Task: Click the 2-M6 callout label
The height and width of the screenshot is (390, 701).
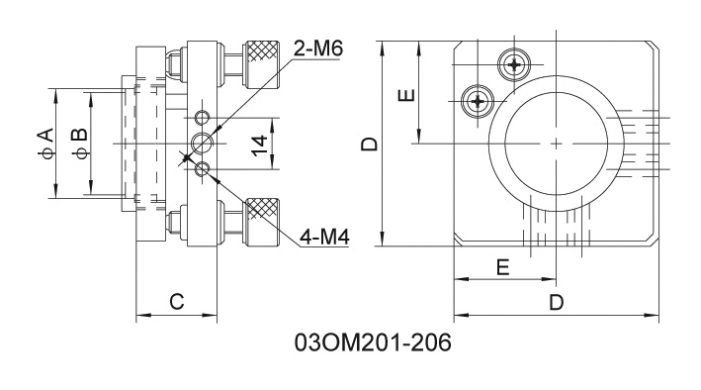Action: (x=317, y=49)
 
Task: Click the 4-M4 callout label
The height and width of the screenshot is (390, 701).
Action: (x=324, y=238)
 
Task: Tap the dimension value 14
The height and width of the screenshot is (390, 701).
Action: (x=259, y=146)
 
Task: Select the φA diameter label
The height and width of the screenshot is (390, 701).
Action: (x=46, y=144)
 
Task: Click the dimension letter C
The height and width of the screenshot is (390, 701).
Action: (x=177, y=302)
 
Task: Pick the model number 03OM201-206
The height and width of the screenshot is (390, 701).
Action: (x=374, y=343)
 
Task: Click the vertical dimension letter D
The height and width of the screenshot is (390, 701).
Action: (x=370, y=144)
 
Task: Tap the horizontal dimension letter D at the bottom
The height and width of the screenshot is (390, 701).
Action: (x=556, y=303)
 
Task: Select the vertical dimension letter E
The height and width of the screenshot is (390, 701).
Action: (x=406, y=95)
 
